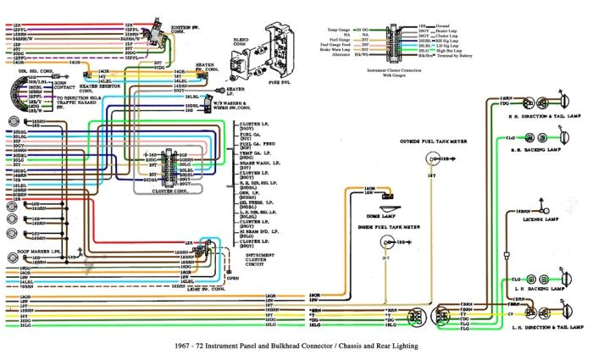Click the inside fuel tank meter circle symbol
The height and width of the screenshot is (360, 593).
pos(386,243)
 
